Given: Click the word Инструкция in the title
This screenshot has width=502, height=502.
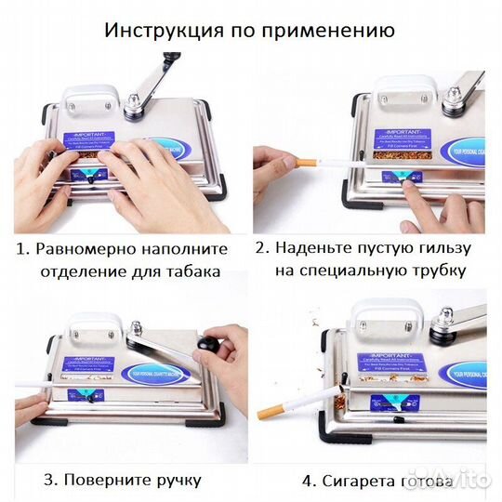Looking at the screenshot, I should (159, 29).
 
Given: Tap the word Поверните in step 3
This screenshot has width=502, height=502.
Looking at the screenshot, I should (112, 481).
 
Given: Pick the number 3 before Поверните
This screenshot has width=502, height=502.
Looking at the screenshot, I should (50, 481).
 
